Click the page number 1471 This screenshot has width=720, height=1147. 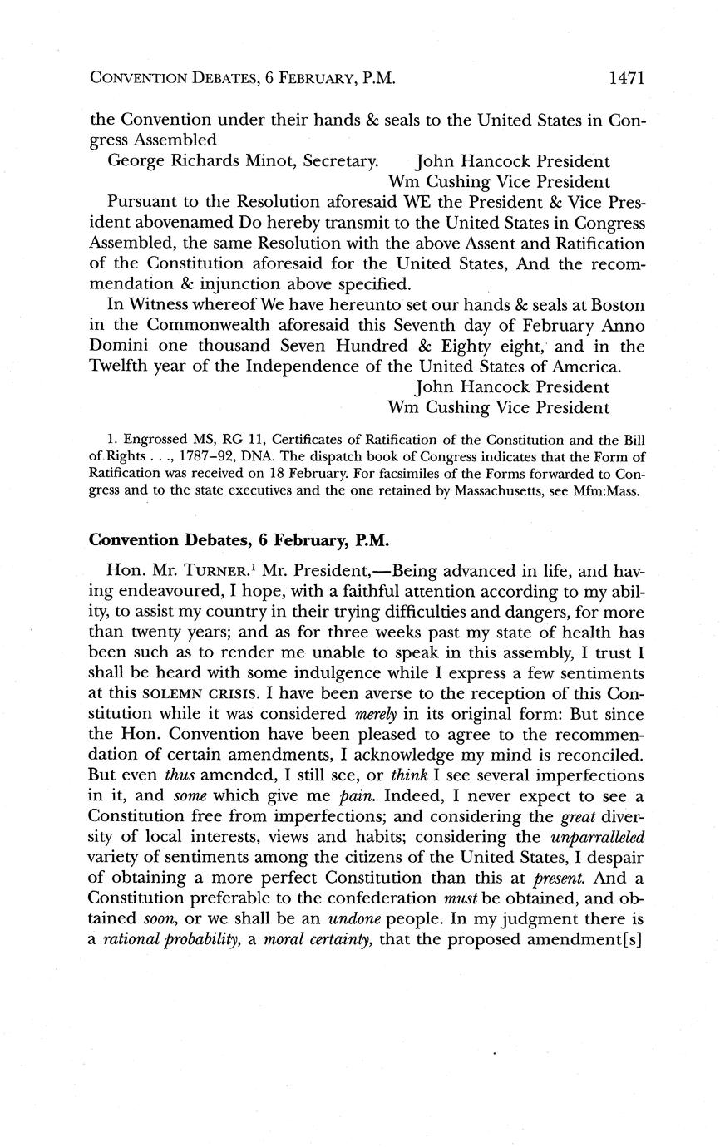[x=627, y=79]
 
